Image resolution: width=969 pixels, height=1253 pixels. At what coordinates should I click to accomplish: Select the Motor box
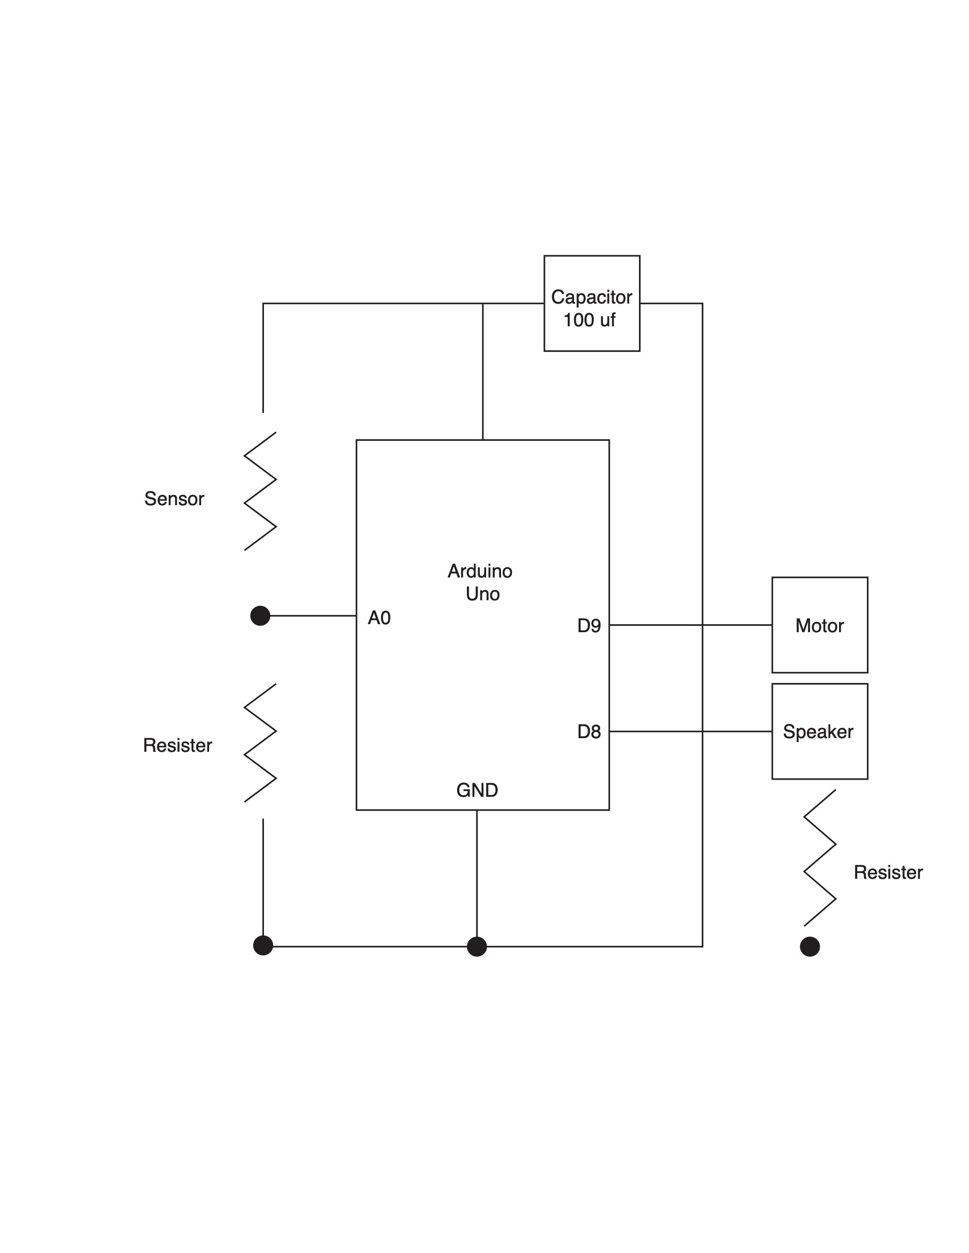(x=819, y=625)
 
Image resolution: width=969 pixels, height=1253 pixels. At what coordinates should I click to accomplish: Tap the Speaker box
(x=819, y=731)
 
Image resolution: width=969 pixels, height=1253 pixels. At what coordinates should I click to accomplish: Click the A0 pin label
(x=379, y=618)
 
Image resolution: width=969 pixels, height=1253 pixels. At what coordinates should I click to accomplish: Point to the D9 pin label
(x=588, y=626)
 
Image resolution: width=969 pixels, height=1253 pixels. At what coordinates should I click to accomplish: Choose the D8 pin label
(x=588, y=732)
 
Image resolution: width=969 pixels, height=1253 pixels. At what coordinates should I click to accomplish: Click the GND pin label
(x=477, y=791)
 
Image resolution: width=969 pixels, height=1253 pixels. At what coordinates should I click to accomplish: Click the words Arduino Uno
(x=481, y=582)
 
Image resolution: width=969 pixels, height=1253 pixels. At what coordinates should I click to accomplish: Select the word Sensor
(x=174, y=499)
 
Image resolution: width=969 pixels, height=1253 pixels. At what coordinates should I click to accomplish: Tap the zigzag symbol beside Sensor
(x=260, y=492)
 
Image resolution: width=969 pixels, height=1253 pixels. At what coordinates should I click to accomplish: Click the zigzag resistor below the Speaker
(x=820, y=858)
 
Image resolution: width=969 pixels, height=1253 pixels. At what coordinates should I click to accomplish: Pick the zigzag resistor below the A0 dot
(x=260, y=743)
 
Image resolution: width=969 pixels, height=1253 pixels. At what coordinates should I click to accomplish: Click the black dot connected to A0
(x=260, y=616)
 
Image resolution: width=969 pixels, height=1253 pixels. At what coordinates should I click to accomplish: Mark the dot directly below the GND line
(x=477, y=947)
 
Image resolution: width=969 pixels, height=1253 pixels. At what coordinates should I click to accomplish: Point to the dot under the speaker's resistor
(x=809, y=947)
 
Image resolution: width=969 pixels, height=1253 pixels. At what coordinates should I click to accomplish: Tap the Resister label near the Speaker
(x=887, y=873)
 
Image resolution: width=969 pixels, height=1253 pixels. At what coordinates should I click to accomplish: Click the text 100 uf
(x=589, y=320)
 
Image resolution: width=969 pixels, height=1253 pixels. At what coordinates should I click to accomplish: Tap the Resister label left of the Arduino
(x=177, y=746)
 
